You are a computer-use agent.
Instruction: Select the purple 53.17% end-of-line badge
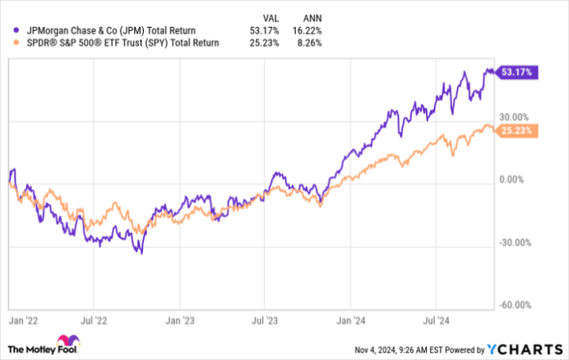click(518, 73)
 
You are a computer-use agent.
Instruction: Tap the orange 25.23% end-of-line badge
click(518, 128)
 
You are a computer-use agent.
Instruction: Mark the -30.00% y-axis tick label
click(516, 242)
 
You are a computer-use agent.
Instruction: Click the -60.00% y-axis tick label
click(516, 304)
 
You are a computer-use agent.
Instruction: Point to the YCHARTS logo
click(523, 348)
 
